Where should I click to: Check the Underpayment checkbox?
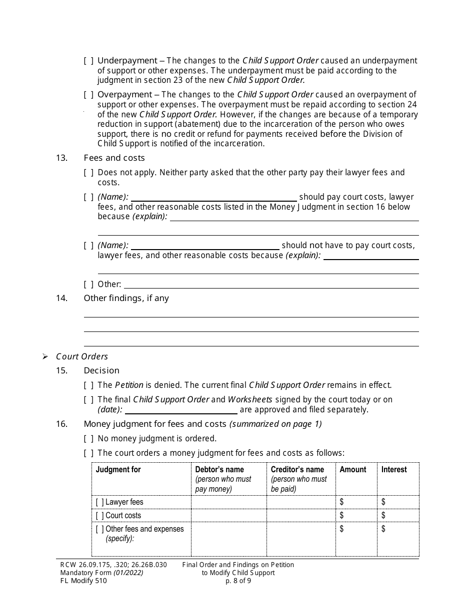tap(88, 61)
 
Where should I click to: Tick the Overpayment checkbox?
tap(88, 95)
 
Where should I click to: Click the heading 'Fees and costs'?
tap(114, 158)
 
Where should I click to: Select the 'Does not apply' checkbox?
tap(88, 173)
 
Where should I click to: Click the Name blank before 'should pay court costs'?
tap(213, 197)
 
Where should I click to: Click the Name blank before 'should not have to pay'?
tap(205, 246)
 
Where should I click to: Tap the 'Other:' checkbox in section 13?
tap(88, 285)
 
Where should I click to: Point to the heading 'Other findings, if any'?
tap(126, 298)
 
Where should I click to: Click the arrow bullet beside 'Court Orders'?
tap(45, 356)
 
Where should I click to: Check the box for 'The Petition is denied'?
tap(88, 385)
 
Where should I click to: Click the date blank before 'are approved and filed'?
tap(181, 410)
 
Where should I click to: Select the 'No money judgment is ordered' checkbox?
tap(88, 439)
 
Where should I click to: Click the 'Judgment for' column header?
tap(118, 470)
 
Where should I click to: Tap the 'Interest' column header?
tap(394, 470)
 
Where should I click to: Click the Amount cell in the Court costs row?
tap(356, 516)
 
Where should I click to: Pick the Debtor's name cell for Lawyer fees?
tap(228, 502)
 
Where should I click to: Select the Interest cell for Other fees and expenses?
tap(398, 539)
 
